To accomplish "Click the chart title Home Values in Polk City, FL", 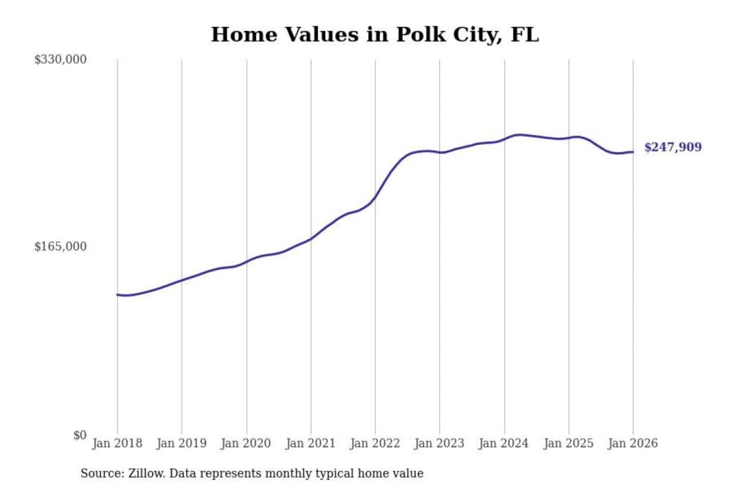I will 375,35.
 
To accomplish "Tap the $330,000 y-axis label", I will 60,59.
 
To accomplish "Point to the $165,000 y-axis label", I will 60,247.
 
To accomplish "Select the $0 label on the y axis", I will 80,435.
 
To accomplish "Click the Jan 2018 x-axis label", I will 117,443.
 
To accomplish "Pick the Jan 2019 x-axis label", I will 181,443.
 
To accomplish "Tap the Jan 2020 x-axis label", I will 246,443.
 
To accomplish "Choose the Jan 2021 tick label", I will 311,443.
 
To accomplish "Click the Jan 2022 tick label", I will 375,443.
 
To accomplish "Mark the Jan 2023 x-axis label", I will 440,443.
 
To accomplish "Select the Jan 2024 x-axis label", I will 504,443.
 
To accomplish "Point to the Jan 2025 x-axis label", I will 568,443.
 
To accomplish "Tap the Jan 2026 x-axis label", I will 633,443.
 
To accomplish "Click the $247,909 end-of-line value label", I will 673,147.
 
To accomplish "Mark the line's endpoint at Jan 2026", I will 633,152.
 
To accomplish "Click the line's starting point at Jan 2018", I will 117,294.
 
